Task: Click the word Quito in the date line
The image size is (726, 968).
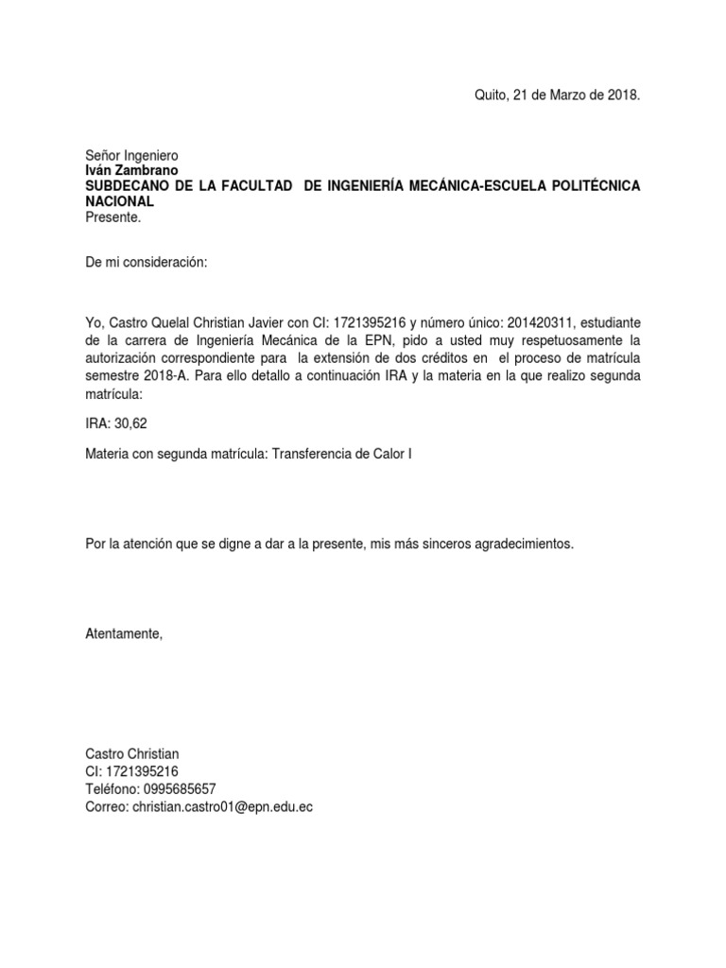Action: click(490, 95)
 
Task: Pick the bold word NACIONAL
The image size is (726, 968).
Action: click(120, 201)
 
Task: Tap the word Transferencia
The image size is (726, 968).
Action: click(313, 454)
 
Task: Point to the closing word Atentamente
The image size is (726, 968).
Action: click(124, 633)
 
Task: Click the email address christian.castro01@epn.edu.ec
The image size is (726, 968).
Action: click(222, 806)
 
